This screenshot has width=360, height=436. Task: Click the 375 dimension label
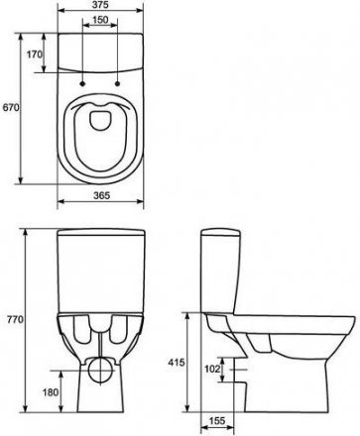[x=101, y=5]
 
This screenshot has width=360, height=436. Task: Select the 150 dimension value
[x=100, y=20]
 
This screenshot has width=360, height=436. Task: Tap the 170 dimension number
[x=35, y=54]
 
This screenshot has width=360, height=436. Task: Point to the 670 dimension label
[x=10, y=107]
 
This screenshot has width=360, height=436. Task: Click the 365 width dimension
[x=101, y=195]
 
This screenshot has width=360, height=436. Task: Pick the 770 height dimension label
[x=15, y=319]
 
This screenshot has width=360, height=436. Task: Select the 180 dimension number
[x=51, y=392]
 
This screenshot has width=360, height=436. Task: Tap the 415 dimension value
[x=177, y=363]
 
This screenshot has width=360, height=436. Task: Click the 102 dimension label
[x=212, y=369]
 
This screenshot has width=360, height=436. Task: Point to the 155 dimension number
[x=217, y=420]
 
